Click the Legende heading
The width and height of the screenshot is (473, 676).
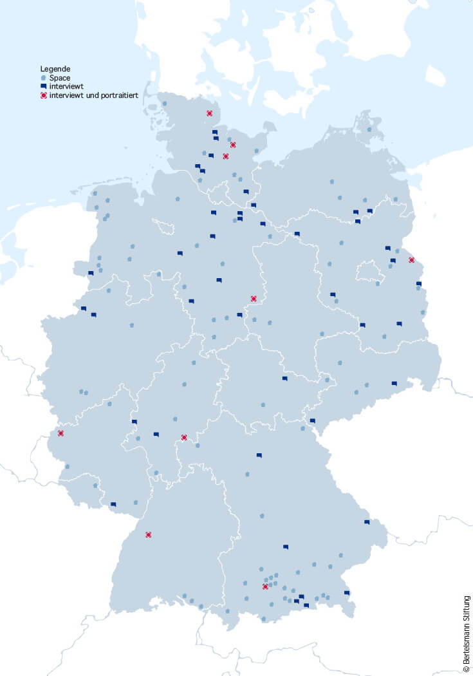coord(55,68)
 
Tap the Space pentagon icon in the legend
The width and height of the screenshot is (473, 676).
coord(43,77)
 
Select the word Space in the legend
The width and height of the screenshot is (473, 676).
coord(59,77)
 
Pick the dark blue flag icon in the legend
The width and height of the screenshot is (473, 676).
coord(43,86)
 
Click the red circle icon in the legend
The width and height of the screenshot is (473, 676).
coord(43,95)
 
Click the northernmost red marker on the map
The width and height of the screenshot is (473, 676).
coord(209,113)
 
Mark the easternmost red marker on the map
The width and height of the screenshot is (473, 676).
coord(412,260)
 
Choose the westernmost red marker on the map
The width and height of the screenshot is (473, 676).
coord(60,433)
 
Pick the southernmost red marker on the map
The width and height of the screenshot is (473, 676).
coord(265,587)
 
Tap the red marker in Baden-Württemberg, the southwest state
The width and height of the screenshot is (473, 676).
coord(149,534)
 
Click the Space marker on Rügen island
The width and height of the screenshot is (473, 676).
coord(369,129)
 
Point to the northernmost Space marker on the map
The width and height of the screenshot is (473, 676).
coord(165,103)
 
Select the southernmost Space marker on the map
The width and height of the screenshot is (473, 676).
coord(263,619)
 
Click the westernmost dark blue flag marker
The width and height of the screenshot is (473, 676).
coord(83,308)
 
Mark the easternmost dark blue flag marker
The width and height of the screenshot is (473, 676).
coord(419,283)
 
